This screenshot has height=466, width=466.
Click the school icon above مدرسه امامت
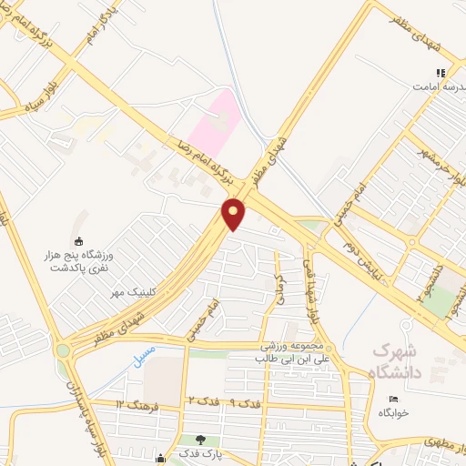coord(441,73)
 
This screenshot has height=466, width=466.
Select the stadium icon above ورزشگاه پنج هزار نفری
coord(79,241)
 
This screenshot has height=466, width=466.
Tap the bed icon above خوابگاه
coord(393,400)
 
